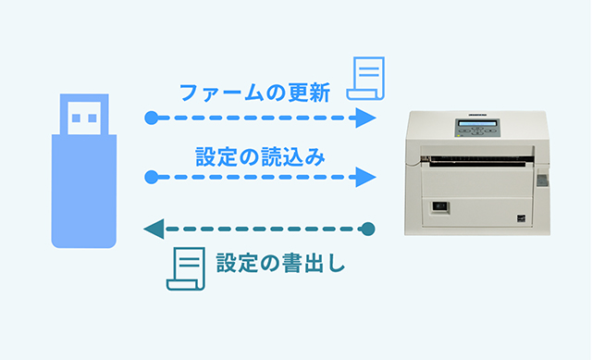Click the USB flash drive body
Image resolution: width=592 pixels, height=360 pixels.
83,190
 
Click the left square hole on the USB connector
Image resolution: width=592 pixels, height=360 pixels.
74,117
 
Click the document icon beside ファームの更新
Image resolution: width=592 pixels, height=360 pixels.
367,78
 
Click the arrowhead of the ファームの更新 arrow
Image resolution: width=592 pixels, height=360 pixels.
367,118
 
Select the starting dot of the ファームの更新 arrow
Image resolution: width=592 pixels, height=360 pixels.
152,118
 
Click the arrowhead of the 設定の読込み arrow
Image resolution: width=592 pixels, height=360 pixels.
367,176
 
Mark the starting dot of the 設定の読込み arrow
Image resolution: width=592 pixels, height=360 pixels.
152,176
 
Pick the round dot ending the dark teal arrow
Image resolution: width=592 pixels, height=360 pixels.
368,228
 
